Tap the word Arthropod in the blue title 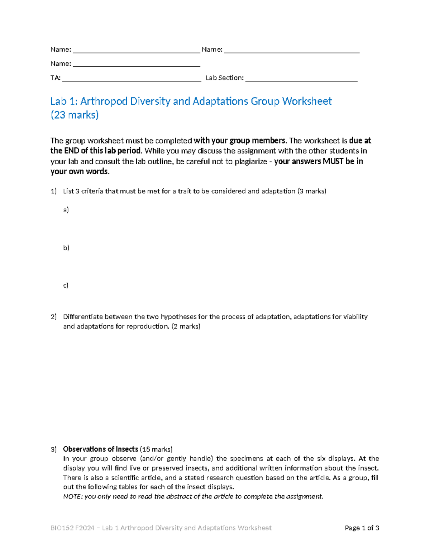pos(104,102)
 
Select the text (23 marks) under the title pos(75,115)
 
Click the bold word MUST pos(333,161)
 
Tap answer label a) pos(66,210)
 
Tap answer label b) pos(66,247)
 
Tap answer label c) pos(66,285)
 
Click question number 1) pos(54,191)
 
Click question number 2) pos(54,317)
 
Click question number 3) pos(54,449)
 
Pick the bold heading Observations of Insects pos(100,449)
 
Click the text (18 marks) pos(156,449)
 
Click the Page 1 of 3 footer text pos(362,528)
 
